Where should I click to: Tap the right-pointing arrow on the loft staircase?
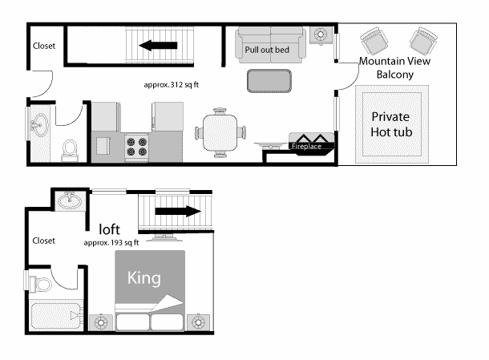176,212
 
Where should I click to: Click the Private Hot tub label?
391,124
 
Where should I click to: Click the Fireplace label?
305,147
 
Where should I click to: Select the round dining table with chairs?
220,131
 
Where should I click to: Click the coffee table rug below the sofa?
269,81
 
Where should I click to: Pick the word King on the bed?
145,278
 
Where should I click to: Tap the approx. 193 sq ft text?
111,241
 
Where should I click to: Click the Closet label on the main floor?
44,46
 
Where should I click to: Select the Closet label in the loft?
43,240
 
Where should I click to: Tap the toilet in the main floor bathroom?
69,148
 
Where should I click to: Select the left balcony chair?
373,40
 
